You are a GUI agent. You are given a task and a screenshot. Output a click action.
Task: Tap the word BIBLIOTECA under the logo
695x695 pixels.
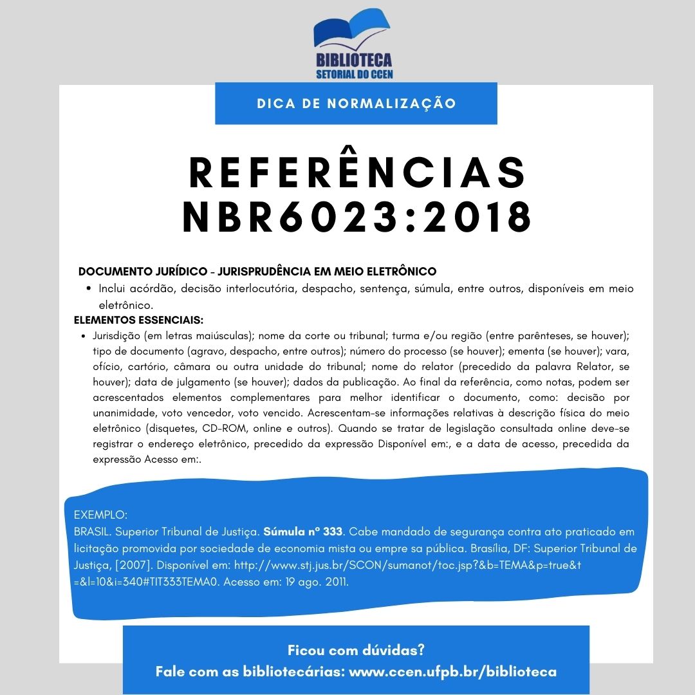[354, 60]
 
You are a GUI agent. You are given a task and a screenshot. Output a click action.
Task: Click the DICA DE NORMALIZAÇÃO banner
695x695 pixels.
[356, 104]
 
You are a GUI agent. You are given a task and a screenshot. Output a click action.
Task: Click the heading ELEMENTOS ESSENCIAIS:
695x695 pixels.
[139, 319]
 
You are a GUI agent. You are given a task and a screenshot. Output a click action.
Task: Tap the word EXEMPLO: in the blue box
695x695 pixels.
[101, 515]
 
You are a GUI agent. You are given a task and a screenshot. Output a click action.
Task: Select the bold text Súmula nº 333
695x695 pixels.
[304, 532]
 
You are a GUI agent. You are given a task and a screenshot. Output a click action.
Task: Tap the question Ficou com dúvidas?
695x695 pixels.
[356, 650]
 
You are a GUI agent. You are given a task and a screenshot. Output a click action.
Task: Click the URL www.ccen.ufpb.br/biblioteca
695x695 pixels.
[452, 672]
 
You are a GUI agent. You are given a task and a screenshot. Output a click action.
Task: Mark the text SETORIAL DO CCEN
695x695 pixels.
[355, 74]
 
